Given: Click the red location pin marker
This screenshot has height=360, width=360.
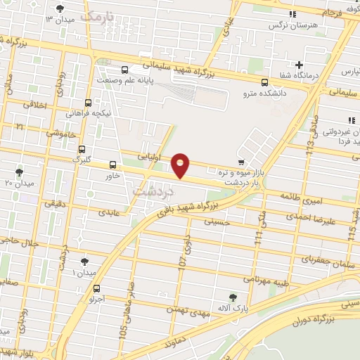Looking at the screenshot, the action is point(181,165).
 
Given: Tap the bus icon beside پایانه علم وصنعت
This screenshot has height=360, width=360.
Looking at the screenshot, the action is point(124,70).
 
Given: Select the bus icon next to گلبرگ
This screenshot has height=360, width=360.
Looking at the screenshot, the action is point(82,149).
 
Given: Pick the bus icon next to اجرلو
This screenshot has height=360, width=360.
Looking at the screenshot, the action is point(96,288).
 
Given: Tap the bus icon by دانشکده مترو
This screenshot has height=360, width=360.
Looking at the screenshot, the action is point(264,82).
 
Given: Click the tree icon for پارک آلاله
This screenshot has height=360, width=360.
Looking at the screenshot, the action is point(233,297).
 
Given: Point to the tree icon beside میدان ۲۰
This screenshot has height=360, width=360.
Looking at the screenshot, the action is point(19,172).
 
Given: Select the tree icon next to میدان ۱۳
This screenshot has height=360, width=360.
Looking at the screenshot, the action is point(58,8).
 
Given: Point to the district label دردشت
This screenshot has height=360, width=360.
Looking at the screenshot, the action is point(148,190).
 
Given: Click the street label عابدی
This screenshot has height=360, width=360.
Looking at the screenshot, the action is point(110,210).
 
